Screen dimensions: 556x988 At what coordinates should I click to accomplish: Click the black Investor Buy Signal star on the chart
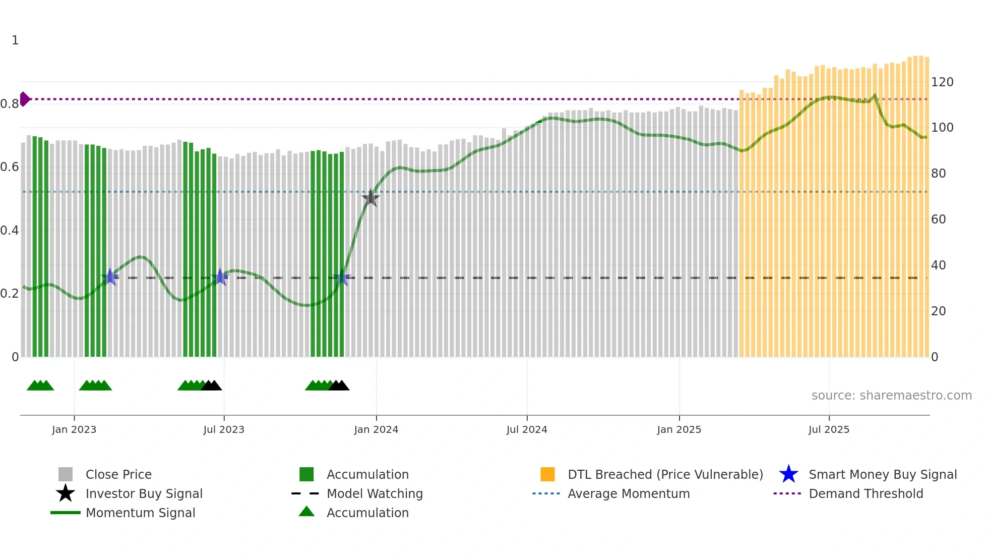[x=371, y=198]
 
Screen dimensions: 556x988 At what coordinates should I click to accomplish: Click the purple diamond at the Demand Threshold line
[x=24, y=99]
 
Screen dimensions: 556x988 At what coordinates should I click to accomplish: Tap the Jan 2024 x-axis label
[x=376, y=429]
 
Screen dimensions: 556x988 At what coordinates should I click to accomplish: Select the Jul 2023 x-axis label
[x=224, y=429]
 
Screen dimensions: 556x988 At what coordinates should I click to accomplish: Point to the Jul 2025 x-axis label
[x=829, y=429]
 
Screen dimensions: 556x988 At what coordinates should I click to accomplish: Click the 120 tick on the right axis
[x=942, y=82]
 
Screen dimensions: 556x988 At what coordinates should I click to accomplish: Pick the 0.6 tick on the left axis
[x=10, y=167]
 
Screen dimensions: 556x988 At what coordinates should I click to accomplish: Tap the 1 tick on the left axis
[x=15, y=40]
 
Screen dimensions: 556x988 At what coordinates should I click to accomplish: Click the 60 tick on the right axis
[x=938, y=219]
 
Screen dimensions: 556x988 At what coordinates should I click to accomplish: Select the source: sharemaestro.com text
[x=891, y=396]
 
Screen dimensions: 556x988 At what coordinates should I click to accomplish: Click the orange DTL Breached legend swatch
[x=547, y=474]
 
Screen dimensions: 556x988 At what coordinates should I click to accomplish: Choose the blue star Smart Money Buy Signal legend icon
[x=788, y=474]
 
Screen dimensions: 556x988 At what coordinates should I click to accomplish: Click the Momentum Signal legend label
[x=140, y=513]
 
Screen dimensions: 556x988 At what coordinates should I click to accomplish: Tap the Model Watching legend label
[x=375, y=493]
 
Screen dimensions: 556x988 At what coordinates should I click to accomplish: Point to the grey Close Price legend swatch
[x=66, y=474]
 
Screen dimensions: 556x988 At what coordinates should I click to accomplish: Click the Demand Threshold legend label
[x=866, y=493]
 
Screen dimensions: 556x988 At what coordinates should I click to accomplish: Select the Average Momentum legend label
[x=629, y=493]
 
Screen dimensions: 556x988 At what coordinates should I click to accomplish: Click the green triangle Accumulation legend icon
[x=306, y=512]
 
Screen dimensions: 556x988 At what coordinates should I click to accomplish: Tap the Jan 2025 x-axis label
[x=679, y=429]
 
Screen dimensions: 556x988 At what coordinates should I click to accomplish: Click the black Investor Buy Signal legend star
[x=66, y=493]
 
